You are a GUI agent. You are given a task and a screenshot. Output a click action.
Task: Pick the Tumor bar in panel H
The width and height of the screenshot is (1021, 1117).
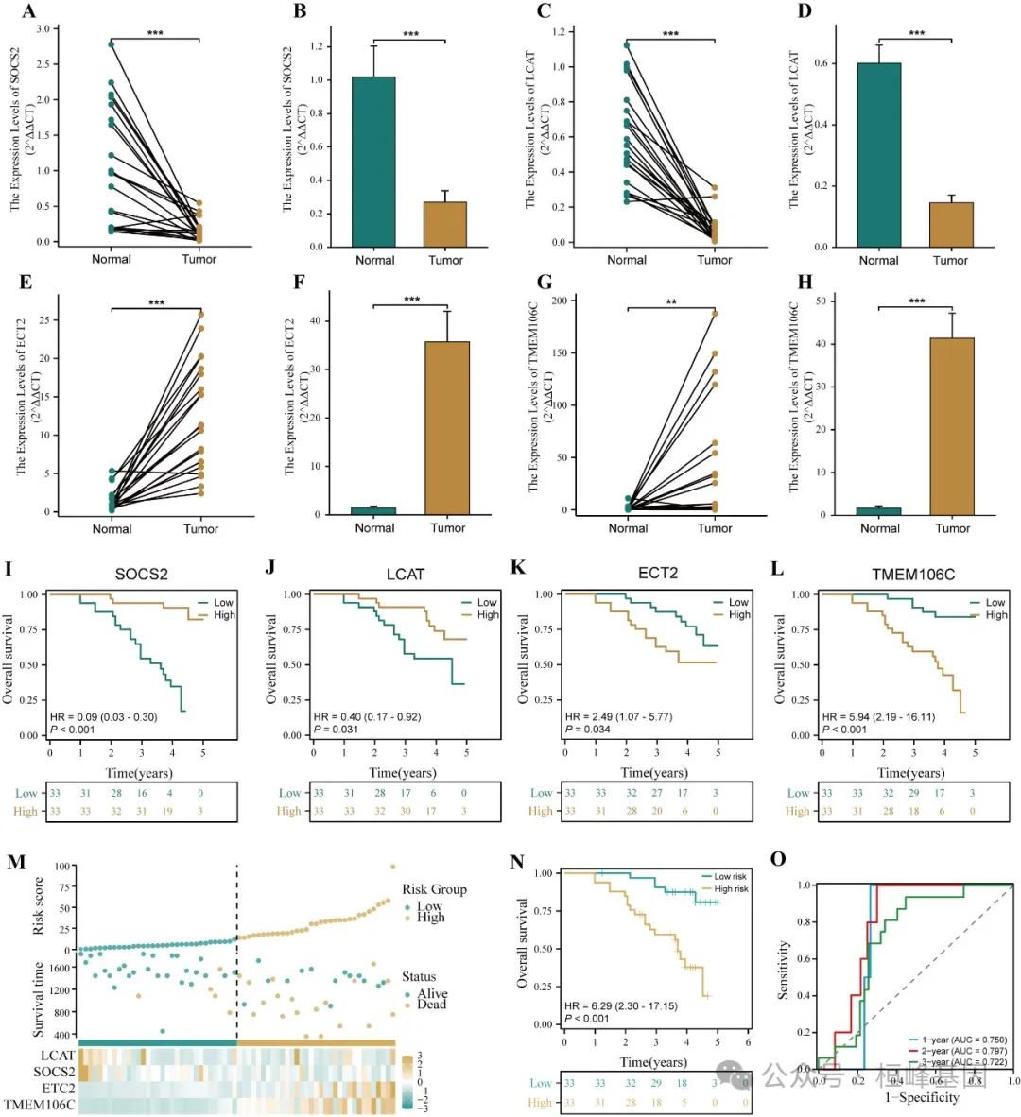click(x=951, y=426)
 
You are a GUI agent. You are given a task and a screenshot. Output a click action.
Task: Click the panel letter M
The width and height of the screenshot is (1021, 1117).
click(x=15, y=861)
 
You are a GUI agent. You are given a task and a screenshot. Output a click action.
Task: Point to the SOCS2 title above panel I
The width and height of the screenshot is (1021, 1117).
click(x=141, y=574)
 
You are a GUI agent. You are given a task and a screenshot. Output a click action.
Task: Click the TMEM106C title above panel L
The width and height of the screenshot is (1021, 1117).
click(x=913, y=574)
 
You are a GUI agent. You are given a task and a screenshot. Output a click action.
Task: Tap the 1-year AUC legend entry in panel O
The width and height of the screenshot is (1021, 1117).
click(x=955, y=1040)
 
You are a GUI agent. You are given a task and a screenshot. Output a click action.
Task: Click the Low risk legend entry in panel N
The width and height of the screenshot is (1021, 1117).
click(x=730, y=876)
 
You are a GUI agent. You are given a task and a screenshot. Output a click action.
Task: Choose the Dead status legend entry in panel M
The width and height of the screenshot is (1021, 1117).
click(x=432, y=1005)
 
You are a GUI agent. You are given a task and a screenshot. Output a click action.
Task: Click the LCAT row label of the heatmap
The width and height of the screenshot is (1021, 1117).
click(x=57, y=1055)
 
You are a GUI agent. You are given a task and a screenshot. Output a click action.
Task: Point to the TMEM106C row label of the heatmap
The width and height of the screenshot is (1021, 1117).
click(x=40, y=1103)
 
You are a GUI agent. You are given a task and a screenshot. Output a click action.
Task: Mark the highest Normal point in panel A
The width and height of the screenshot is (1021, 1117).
click(x=111, y=44)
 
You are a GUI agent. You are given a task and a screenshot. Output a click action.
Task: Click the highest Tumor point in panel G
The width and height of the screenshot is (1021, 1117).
click(x=715, y=313)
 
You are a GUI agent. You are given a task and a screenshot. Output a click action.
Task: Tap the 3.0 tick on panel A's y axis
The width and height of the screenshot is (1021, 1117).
click(x=43, y=29)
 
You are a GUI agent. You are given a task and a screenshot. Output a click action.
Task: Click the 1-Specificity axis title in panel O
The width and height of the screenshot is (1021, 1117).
click(x=922, y=1097)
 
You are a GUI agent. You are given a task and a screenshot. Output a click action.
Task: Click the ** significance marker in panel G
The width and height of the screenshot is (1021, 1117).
click(x=671, y=302)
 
